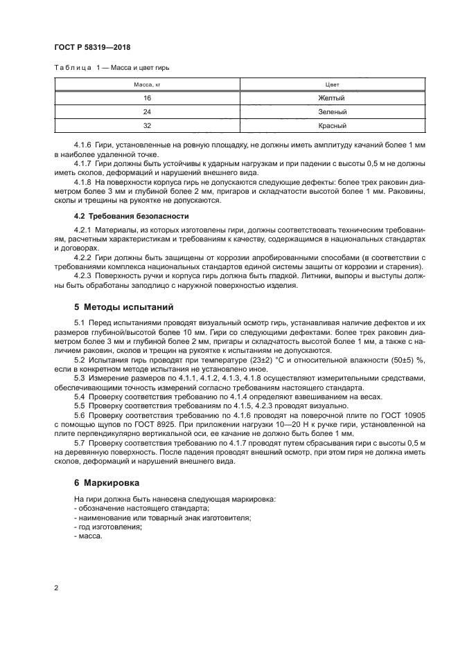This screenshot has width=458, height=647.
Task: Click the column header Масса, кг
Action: [147, 85]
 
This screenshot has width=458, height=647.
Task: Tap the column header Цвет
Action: [331, 85]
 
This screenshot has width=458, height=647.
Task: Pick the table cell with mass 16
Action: [147, 98]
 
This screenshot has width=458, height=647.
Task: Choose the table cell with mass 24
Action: [147, 112]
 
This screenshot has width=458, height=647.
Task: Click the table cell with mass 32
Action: [147, 126]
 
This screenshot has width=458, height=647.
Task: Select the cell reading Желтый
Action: [331, 98]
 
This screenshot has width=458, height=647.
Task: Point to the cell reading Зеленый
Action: [331, 112]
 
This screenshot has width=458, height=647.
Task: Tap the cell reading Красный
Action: [331, 126]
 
